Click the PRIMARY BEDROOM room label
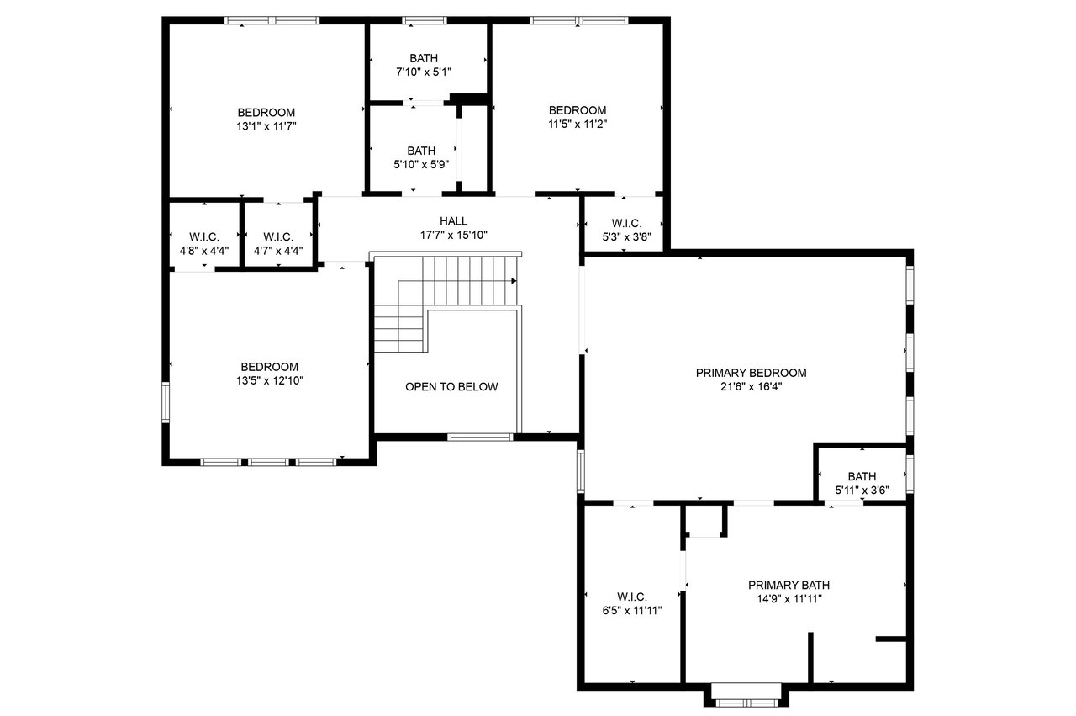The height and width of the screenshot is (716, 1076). pos(751,373)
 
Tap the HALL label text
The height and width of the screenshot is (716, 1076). pos(453,221)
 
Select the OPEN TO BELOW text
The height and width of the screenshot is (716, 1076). pos(451,387)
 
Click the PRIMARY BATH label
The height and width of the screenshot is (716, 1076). pos(789,586)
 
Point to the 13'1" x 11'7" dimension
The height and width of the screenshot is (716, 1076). pos(266,126)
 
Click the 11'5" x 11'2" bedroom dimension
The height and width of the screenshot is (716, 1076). pos(578,124)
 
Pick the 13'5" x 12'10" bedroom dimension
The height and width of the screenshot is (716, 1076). pos(270,381)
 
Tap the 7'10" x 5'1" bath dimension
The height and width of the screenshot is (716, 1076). pos(423,72)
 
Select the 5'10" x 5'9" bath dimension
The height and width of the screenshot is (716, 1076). pos(421,164)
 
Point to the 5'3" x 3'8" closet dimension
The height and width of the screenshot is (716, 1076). pos(627,237)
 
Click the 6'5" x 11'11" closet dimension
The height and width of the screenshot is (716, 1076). pos(632,611)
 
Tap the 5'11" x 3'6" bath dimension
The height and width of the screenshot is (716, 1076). pos(862,491)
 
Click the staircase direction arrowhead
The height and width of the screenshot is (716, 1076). pos(514,281)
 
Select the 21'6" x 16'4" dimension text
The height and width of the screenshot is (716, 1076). pos(751,387)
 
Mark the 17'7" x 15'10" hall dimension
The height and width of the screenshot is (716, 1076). pos(453,235)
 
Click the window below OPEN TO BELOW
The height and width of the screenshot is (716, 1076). pos(480,438)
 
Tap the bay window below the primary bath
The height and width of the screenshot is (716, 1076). pos(746,703)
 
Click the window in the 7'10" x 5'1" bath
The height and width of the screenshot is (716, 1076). pos(425,20)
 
